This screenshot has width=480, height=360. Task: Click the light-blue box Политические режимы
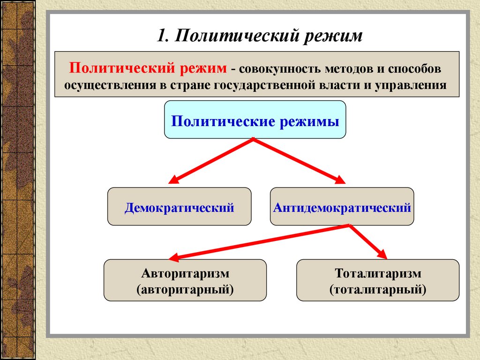point(255,120)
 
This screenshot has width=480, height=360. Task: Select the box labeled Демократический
point(179,207)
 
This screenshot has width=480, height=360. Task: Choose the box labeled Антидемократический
point(342,207)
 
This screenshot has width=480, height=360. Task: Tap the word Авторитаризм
point(185,273)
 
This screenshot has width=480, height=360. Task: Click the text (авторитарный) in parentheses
point(185,289)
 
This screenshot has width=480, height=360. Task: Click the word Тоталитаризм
point(378,273)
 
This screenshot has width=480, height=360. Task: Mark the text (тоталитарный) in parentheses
point(378,289)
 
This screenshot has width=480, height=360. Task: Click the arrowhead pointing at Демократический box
point(173,180)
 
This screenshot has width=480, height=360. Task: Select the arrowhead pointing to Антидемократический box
point(340,180)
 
